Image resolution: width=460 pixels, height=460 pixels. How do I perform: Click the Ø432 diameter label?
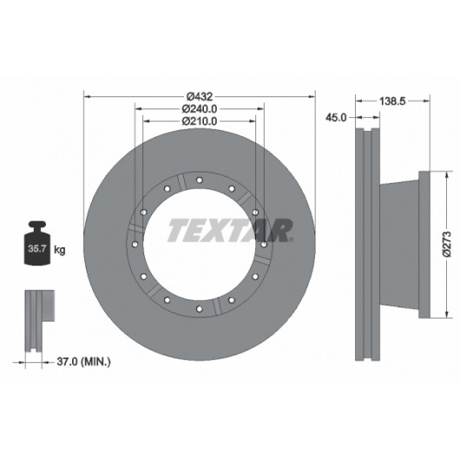(x=200, y=96)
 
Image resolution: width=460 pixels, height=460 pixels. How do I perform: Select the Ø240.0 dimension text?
(x=200, y=108)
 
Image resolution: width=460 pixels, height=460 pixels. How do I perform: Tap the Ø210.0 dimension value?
(x=200, y=121)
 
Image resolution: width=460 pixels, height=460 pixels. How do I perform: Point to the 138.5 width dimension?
(x=392, y=102)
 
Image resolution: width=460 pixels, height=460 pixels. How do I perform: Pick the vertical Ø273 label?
(x=447, y=244)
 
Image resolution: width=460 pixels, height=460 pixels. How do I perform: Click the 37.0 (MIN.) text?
(x=83, y=361)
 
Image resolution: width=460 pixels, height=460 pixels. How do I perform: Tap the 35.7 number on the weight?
(x=37, y=248)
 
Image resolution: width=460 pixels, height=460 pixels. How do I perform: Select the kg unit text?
(x=60, y=250)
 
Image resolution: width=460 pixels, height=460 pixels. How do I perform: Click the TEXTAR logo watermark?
(x=230, y=230)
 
